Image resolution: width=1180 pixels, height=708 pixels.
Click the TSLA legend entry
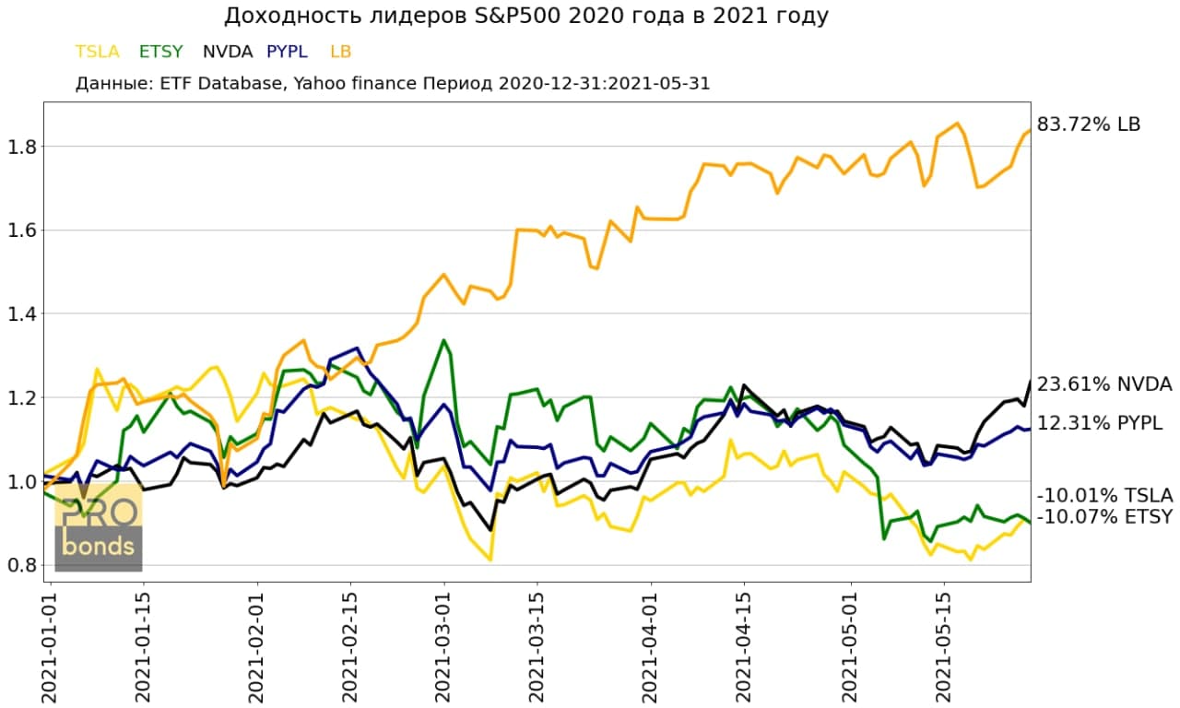[x=98, y=52]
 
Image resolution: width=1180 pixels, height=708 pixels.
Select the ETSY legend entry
[x=160, y=52]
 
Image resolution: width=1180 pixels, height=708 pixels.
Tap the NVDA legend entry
[x=227, y=52]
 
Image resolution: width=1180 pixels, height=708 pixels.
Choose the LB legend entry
[x=340, y=52]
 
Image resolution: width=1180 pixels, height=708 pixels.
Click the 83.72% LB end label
[x=1089, y=124]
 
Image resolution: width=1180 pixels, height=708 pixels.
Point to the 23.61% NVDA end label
[x=1104, y=384]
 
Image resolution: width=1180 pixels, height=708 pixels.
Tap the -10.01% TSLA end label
[x=1104, y=496]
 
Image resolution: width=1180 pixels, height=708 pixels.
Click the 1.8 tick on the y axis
[x=21, y=146]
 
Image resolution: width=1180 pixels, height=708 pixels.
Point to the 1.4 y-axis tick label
[x=21, y=313]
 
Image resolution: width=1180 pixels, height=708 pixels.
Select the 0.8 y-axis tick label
[x=21, y=565]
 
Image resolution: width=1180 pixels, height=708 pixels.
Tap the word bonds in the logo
[x=98, y=548]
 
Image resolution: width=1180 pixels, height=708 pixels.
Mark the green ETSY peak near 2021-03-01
[x=444, y=340]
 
